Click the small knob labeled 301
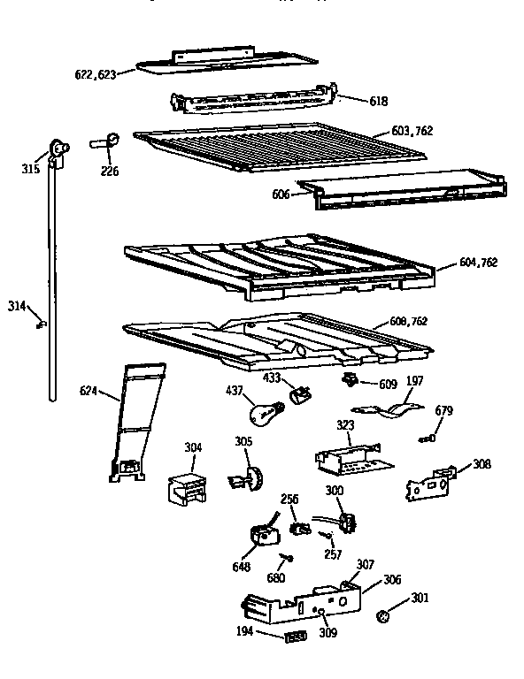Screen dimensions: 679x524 pos(385,615)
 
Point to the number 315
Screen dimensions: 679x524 pos(30,167)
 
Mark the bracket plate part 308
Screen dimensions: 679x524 pos(428,483)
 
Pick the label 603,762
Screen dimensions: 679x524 pos(412,131)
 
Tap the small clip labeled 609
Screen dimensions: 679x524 pos(350,381)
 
